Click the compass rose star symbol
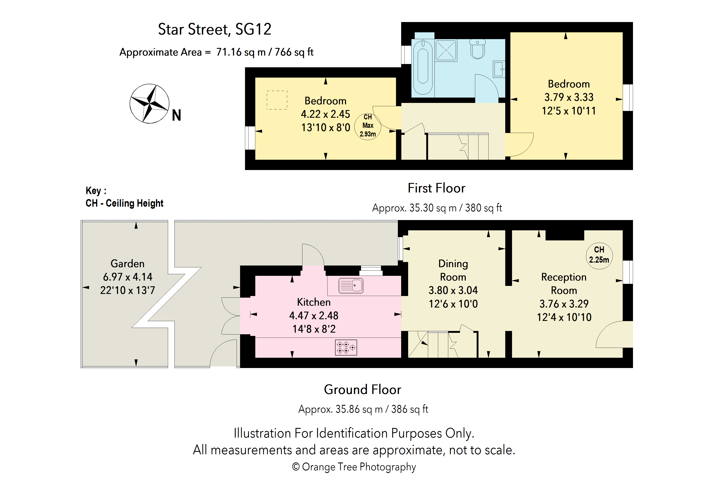point(149,104)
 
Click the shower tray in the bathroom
point(446,50)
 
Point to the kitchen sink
point(351,285)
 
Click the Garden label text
point(127,263)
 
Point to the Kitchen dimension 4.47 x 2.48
point(314,316)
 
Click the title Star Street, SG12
point(215,29)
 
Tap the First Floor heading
point(437,188)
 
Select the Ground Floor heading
point(362,390)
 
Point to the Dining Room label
point(453,270)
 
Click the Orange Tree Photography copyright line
point(354,467)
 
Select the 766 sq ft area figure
point(294,52)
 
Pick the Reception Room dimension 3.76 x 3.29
point(564,304)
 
